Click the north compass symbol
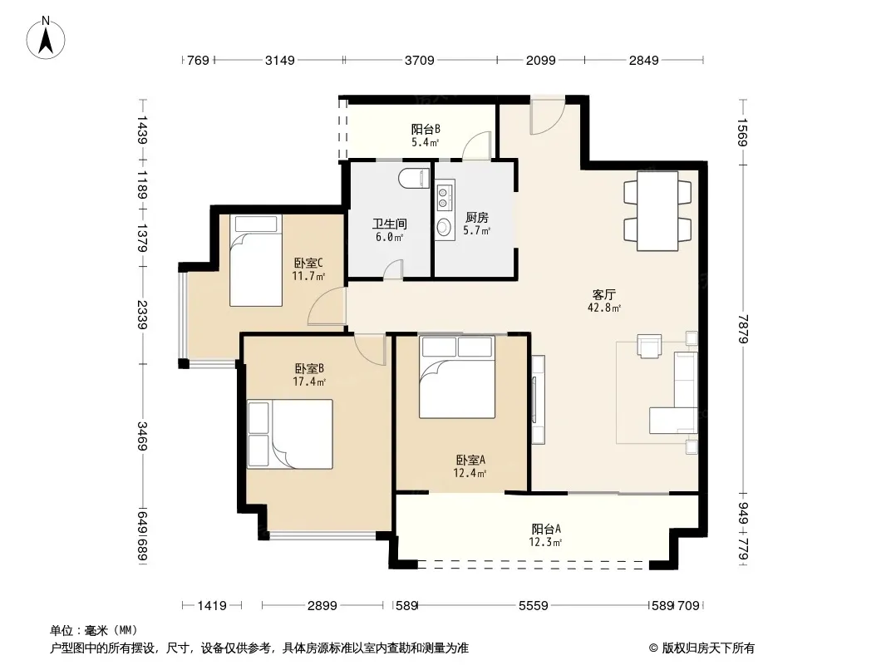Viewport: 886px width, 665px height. click(x=46, y=38)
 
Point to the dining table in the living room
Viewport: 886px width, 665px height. click(x=657, y=211)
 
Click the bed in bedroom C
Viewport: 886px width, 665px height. click(x=255, y=260)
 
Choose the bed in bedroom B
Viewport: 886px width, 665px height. click(x=290, y=434)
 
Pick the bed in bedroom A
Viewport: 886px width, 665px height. click(x=456, y=377)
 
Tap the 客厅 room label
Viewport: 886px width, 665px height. click(x=603, y=294)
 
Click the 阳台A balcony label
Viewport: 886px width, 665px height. click(x=546, y=530)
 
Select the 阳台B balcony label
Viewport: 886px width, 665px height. click(x=426, y=130)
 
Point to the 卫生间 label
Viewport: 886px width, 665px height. click(x=389, y=224)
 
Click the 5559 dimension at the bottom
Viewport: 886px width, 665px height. click(x=534, y=606)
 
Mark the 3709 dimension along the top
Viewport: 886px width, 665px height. click(x=419, y=61)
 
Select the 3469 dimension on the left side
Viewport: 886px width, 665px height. click(x=142, y=436)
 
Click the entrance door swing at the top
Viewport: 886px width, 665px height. click(x=547, y=116)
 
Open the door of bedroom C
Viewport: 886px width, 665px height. click(x=327, y=306)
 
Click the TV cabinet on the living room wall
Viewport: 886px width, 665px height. click(x=538, y=400)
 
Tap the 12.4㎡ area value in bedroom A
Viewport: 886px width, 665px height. click(x=470, y=474)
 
